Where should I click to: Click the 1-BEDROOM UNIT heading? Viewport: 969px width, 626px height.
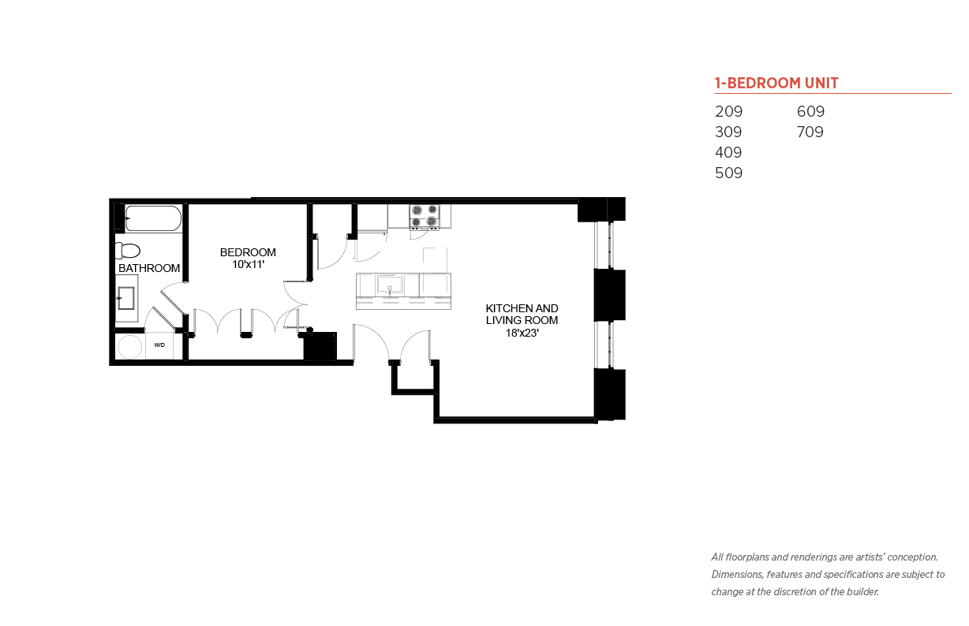[x=776, y=83]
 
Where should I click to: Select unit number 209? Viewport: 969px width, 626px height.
[x=728, y=111]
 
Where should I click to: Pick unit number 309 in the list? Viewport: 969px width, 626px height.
[x=728, y=132]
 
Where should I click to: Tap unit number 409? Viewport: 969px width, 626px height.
[x=728, y=152]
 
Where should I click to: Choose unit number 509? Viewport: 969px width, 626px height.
[x=728, y=173]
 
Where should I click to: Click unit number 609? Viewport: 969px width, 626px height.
[x=810, y=111]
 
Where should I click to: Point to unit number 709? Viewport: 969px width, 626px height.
[x=810, y=132]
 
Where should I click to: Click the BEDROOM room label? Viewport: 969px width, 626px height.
[x=248, y=252]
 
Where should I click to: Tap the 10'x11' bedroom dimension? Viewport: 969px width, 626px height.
[x=248, y=265]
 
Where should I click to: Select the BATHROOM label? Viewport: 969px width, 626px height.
[x=149, y=269]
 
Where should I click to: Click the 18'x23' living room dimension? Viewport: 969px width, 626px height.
[x=522, y=333]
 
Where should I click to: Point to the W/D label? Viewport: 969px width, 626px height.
[x=159, y=345]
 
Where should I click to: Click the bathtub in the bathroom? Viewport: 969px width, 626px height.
[x=153, y=218]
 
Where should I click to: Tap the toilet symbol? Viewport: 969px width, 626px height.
[x=128, y=251]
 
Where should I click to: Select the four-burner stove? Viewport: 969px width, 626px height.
[x=425, y=217]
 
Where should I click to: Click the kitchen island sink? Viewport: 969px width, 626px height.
[x=390, y=285]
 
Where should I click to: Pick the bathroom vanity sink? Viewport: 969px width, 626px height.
[x=126, y=298]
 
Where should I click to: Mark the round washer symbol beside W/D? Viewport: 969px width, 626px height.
[x=129, y=347]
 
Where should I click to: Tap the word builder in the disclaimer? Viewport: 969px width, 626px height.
[x=862, y=592]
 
